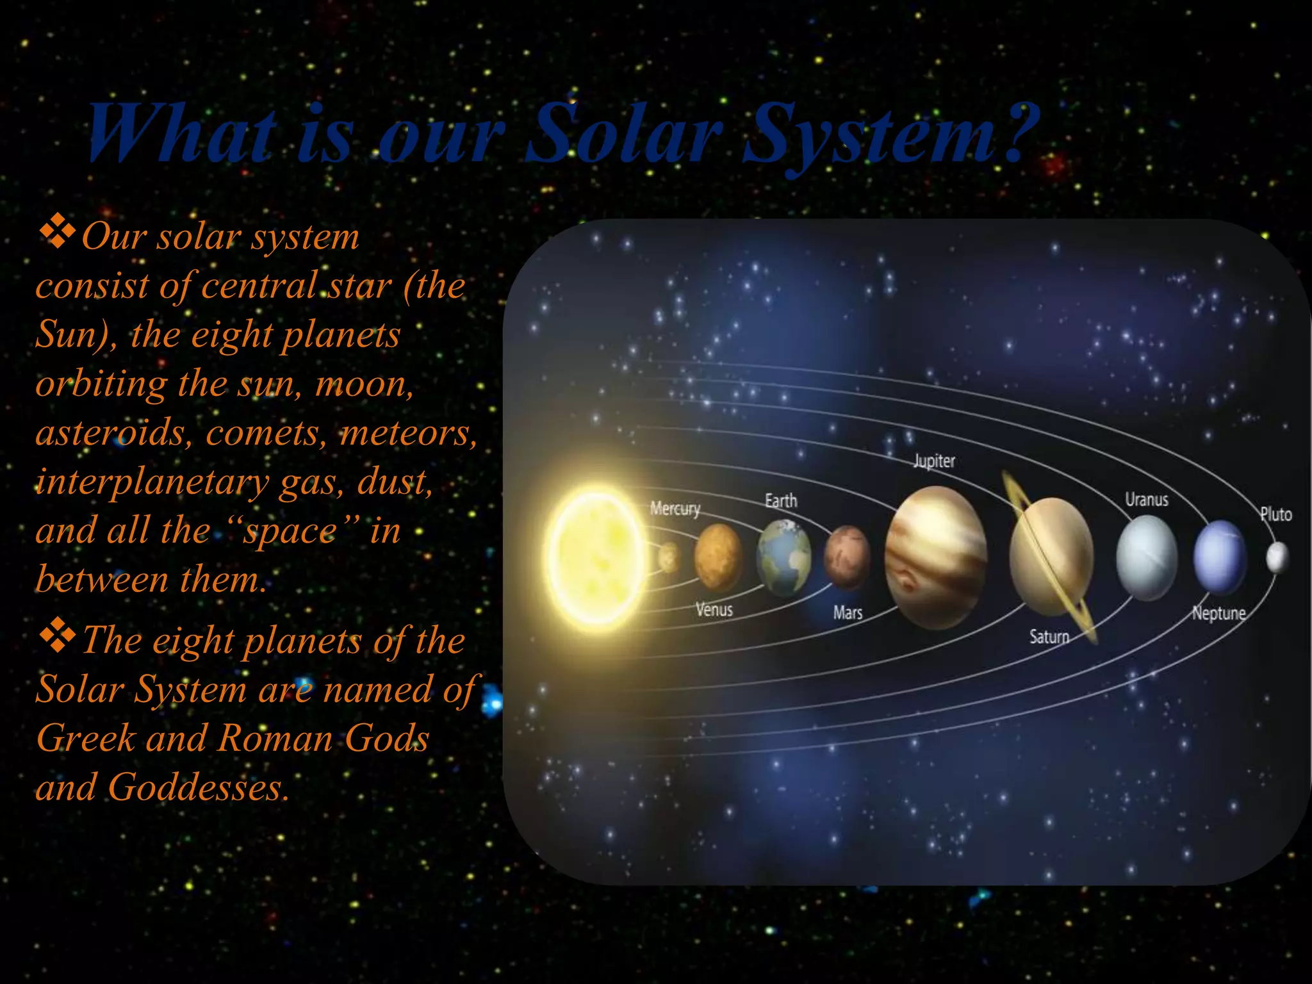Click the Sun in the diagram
tap(596, 556)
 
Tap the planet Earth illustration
tap(783, 557)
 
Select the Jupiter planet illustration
tap(935, 557)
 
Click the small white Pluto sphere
tap(1277, 557)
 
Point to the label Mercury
tap(675, 509)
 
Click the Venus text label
tap(714, 609)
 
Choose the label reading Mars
tap(847, 613)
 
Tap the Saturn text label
tap(1049, 637)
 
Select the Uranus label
tap(1146, 500)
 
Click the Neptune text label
tap(1218, 614)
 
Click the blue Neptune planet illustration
tap(1220, 557)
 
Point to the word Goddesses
tap(198, 787)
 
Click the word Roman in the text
tap(274, 738)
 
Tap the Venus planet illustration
tap(718, 557)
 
